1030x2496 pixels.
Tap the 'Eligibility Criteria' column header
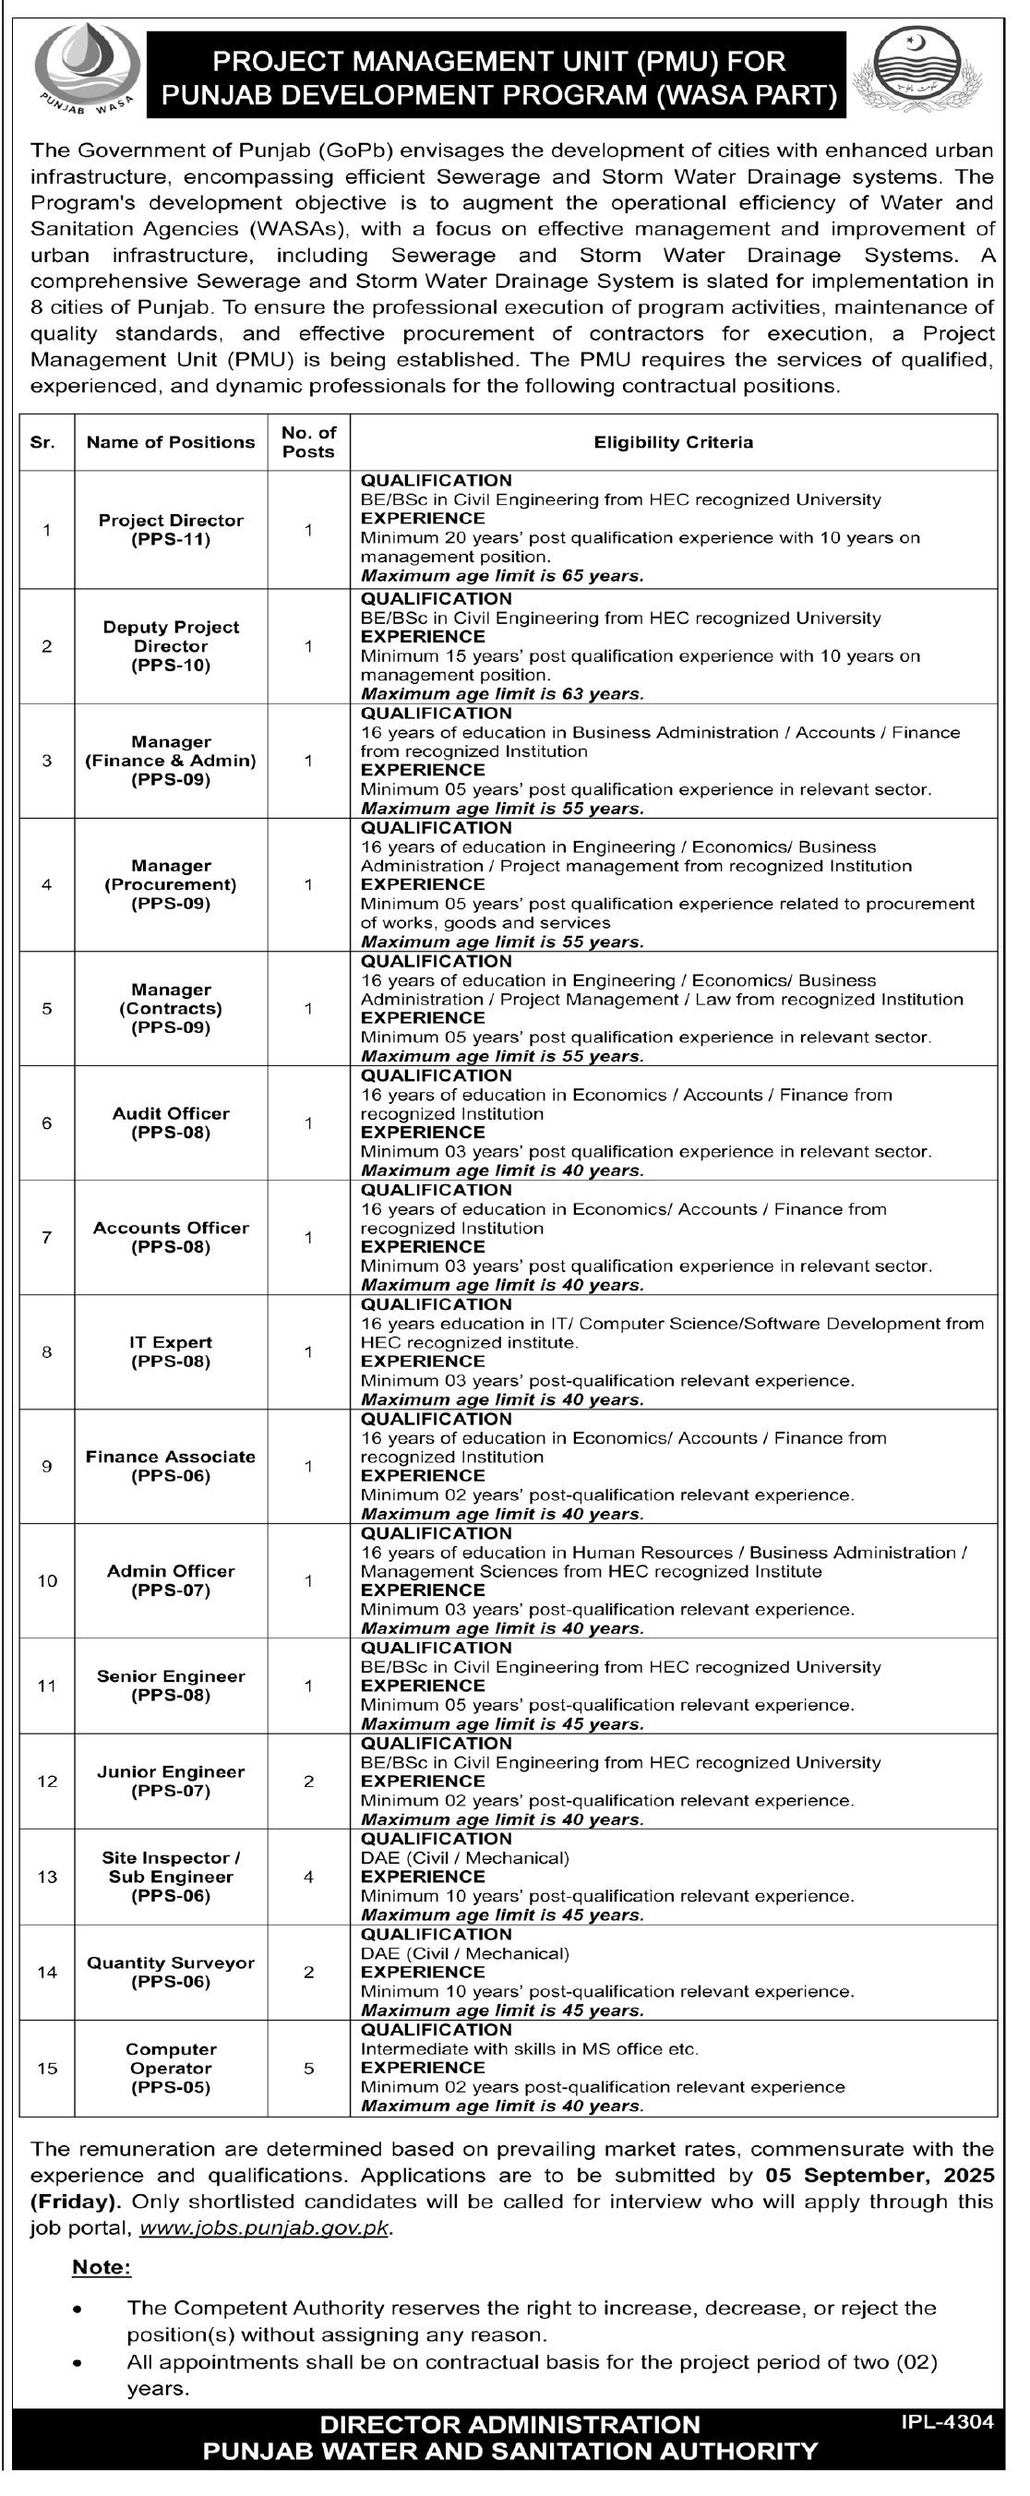pos(674,442)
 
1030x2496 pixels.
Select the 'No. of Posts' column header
pos(308,442)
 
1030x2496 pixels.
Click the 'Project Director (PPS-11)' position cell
pos(171,530)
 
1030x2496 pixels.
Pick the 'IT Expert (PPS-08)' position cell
pos(171,1351)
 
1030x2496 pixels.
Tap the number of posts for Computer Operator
pos(308,2068)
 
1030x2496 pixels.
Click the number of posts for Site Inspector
pos(308,1877)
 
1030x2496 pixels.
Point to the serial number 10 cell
pos(46,1580)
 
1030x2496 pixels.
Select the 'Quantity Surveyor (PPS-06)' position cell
pos(171,1972)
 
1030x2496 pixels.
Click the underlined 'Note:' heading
pos(101,2267)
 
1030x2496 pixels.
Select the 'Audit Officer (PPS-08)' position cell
pos(171,1123)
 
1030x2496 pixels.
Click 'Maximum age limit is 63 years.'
pos(502,694)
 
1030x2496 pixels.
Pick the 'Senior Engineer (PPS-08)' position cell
pos(171,1685)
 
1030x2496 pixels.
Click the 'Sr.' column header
pos(42,442)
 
